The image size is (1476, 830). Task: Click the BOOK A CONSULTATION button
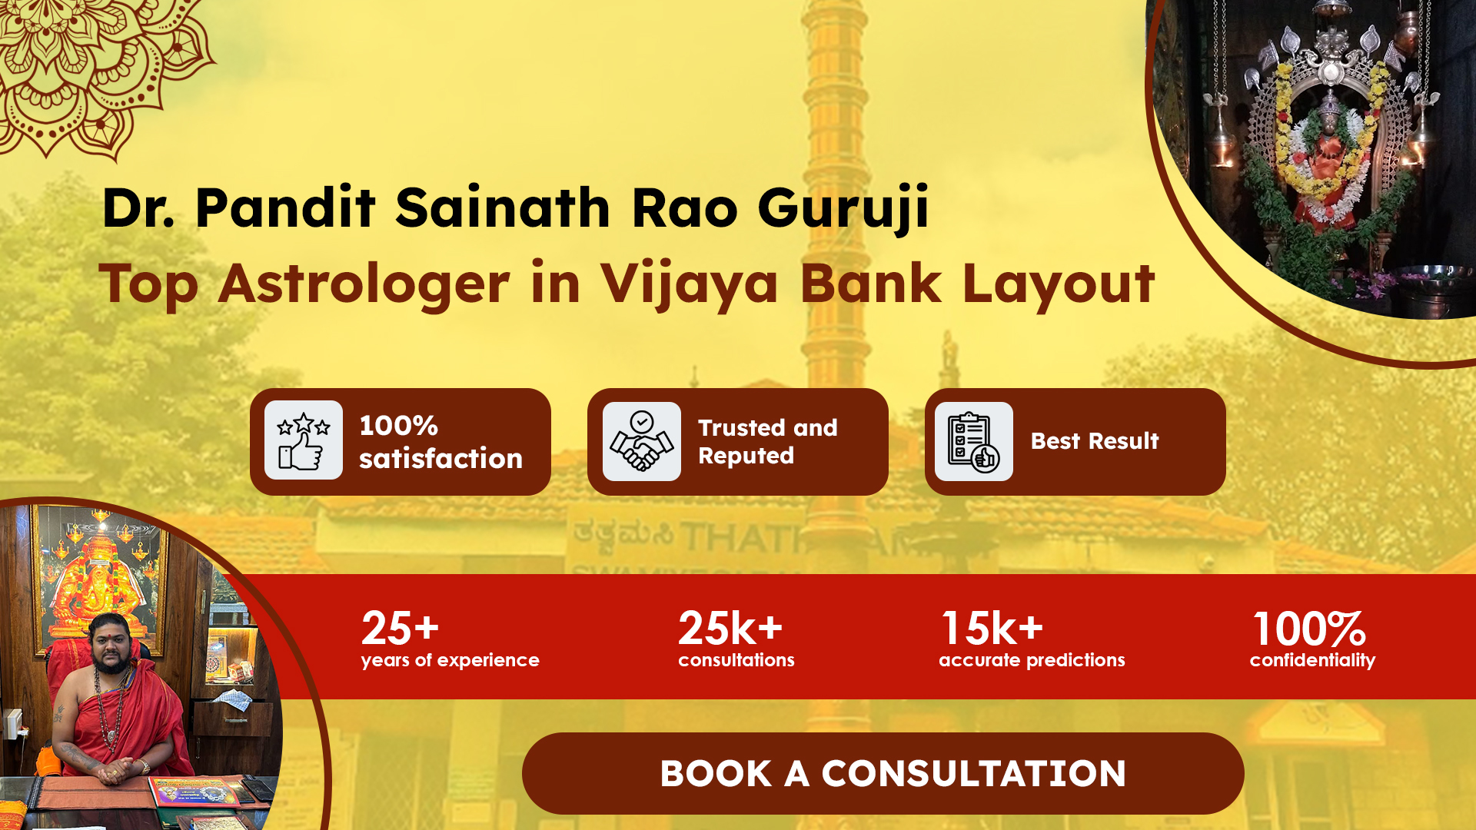click(x=883, y=773)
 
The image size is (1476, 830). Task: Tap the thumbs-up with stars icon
click(x=304, y=440)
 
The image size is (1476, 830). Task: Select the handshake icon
click(x=642, y=441)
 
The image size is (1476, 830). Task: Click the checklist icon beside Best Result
click(x=974, y=441)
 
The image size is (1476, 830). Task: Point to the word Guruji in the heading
click(x=843, y=207)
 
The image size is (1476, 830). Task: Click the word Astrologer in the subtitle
click(x=364, y=284)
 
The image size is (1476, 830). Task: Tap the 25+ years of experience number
click(x=400, y=628)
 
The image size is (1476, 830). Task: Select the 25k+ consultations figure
click(x=730, y=628)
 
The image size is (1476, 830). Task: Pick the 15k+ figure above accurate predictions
click(x=992, y=628)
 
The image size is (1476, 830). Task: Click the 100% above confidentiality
click(x=1309, y=629)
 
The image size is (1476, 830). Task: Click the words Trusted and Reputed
click(x=767, y=441)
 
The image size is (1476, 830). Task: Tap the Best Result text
click(x=1095, y=441)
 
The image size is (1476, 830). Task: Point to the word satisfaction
click(x=440, y=459)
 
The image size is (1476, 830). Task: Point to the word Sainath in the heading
click(x=502, y=207)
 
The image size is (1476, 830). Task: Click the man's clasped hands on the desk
click(x=115, y=771)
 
